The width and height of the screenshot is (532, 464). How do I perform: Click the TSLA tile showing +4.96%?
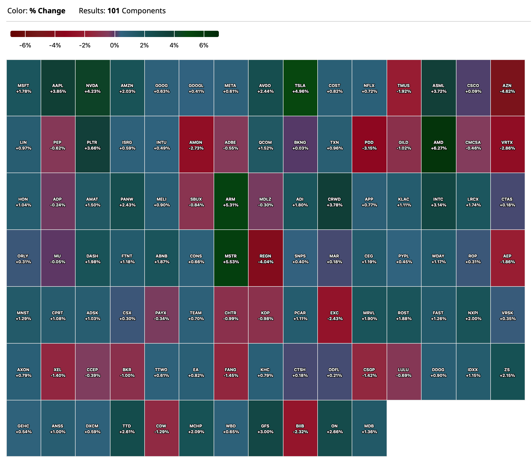pyautogui.click(x=300, y=88)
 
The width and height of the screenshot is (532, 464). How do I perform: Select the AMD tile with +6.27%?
pyautogui.click(x=438, y=145)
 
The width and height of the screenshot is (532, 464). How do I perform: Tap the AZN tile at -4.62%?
pyautogui.click(x=507, y=88)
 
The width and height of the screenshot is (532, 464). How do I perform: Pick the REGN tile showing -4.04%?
pyautogui.click(x=265, y=259)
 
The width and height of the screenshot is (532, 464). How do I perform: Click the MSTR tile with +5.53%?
pyautogui.click(x=231, y=259)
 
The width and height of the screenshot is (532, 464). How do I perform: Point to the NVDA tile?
pyautogui.click(x=92, y=88)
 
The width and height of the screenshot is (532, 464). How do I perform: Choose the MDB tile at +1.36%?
pyautogui.click(x=369, y=429)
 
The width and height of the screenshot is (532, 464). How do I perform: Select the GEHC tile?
pyautogui.click(x=23, y=429)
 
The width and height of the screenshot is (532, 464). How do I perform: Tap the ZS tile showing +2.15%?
pyautogui.click(x=507, y=372)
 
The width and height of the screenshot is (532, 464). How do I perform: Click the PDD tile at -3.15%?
pyautogui.click(x=369, y=145)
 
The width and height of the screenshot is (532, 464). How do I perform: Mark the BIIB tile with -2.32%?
pyautogui.click(x=300, y=429)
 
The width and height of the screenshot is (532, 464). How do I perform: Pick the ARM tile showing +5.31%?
pyautogui.click(x=231, y=202)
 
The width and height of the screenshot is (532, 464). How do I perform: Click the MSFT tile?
pyautogui.click(x=23, y=88)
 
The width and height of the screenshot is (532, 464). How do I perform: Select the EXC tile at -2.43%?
pyautogui.click(x=335, y=315)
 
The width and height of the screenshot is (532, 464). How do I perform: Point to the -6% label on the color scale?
pyautogui.click(x=25, y=45)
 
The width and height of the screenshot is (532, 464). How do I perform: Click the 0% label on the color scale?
pyautogui.click(x=115, y=45)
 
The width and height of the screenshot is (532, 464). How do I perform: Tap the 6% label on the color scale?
pyautogui.click(x=204, y=45)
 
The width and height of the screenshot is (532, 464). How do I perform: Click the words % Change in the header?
pyautogui.click(x=47, y=11)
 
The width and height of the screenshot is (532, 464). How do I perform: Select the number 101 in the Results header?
pyautogui.click(x=113, y=11)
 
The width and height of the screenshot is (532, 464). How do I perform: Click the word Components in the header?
pyautogui.click(x=144, y=11)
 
